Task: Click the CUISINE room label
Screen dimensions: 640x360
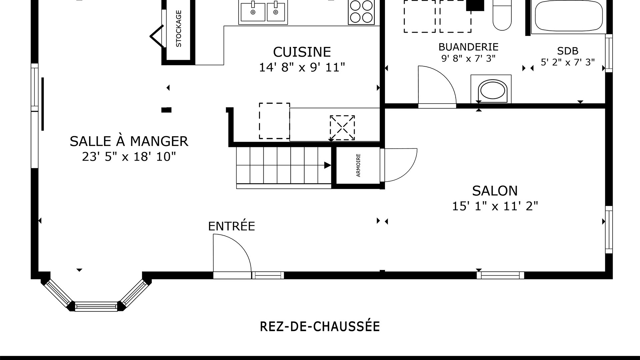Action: click(x=302, y=52)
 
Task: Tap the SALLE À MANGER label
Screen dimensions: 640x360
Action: click(x=129, y=141)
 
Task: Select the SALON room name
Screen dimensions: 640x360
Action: click(x=495, y=191)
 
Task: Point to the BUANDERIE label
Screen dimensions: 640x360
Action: click(x=468, y=47)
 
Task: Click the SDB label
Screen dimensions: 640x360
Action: click(x=568, y=51)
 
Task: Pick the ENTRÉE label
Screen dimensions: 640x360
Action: click(x=232, y=226)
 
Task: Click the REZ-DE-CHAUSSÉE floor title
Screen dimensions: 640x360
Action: click(x=320, y=327)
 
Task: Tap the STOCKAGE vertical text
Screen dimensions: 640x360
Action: click(x=179, y=29)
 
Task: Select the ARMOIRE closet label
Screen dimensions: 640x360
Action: click(x=358, y=165)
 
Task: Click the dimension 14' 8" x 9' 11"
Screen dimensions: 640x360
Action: click(x=302, y=67)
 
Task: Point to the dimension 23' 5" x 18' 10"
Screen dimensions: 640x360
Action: click(x=129, y=156)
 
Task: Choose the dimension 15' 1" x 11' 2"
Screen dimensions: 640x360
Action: click(x=495, y=206)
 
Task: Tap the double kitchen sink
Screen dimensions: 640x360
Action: click(x=263, y=12)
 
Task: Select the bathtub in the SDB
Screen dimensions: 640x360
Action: click(x=569, y=16)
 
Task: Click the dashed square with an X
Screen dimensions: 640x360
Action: click(x=342, y=128)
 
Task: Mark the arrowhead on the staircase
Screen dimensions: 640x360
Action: click(x=328, y=165)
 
